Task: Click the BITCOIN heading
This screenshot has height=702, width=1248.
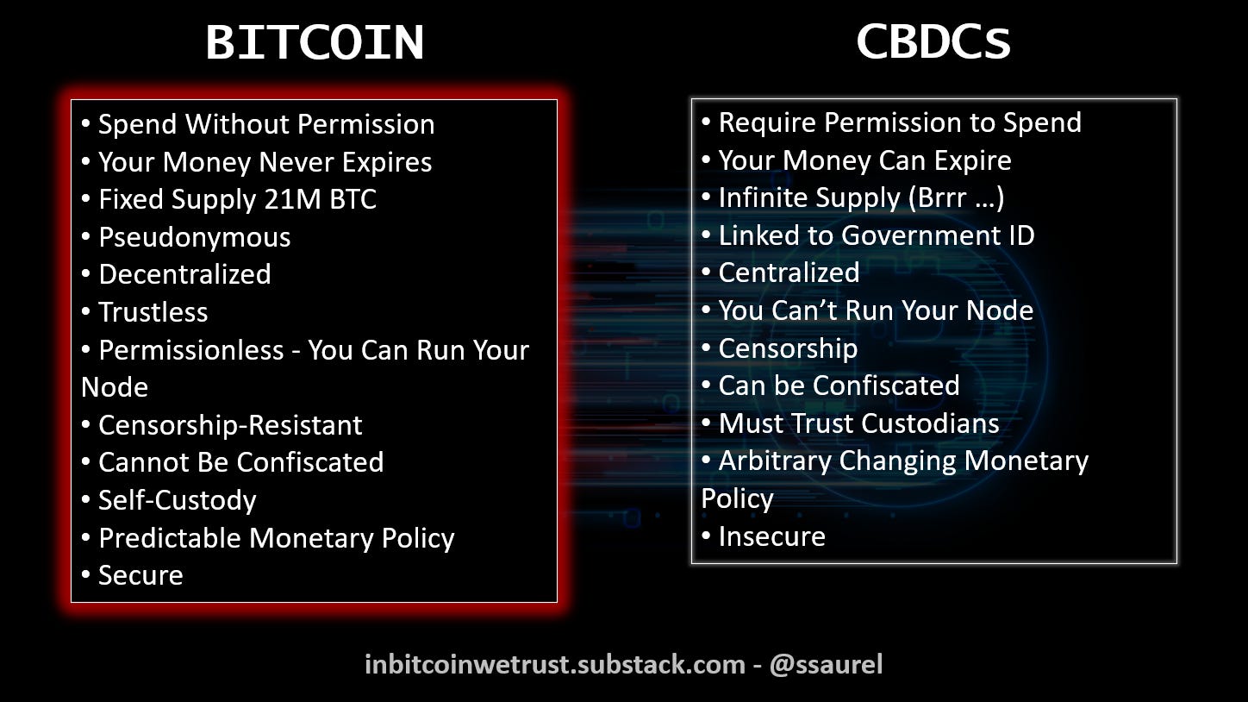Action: tap(315, 41)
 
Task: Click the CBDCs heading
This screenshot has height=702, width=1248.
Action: tap(933, 41)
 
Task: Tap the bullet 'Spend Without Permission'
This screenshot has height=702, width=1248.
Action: tap(265, 124)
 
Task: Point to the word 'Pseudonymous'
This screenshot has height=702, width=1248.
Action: tap(194, 237)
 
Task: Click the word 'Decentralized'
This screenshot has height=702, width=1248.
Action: tap(184, 274)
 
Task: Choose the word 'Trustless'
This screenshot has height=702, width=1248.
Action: tap(153, 312)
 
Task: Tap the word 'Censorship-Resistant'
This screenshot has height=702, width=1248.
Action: tap(230, 425)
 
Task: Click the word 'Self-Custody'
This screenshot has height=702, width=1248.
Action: tap(177, 500)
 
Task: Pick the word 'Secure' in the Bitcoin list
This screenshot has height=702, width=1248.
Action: tap(140, 575)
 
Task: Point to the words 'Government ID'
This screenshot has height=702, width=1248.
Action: tap(938, 235)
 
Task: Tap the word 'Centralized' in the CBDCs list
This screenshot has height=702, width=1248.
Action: tap(789, 273)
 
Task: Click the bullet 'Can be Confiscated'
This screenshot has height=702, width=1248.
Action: tap(839, 385)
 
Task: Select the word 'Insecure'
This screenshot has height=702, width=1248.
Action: tap(771, 536)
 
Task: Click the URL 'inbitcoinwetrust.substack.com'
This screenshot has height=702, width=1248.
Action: tap(554, 665)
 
